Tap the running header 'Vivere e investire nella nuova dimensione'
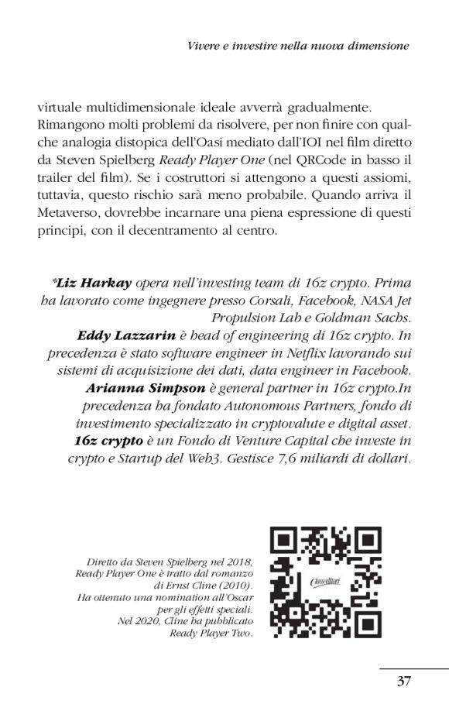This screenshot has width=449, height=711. [298, 46]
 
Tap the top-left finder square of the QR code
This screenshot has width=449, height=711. [284, 543]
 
